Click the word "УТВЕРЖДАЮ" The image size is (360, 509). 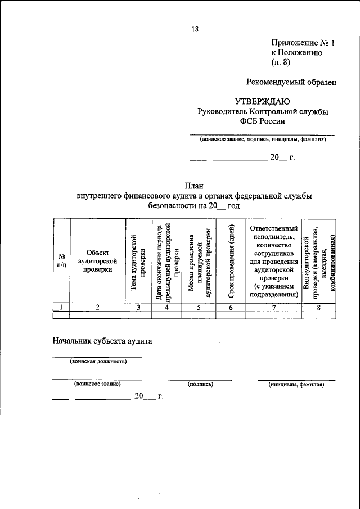tap(262, 102)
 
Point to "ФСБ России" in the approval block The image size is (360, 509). tap(262, 121)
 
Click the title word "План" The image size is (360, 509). tap(194, 185)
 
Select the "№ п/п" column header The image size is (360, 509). tap(61, 260)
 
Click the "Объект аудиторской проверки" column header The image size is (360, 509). tap(97, 260)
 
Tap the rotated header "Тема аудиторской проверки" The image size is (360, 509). tap(138, 260)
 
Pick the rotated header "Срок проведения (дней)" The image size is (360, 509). tap(231, 260)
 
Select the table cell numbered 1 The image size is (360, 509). tap(61, 307)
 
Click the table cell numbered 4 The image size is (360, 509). tap(166, 307)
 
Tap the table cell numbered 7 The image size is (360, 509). tap(273, 307)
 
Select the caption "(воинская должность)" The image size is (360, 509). tap(98, 361)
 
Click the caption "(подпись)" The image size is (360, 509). tap(200, 384)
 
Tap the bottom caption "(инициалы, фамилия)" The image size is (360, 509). tap(296, 384)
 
